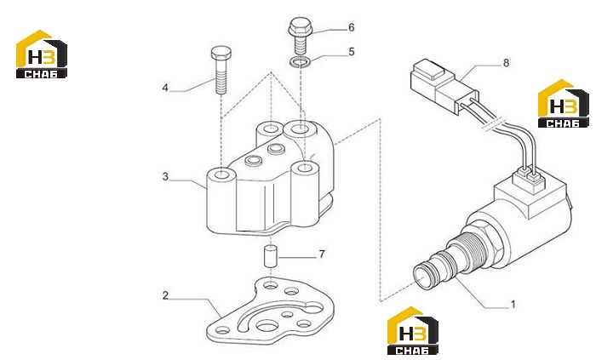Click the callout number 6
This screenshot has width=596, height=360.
click(x=351, y=27)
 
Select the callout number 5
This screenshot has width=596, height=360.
click(x=351, y=51)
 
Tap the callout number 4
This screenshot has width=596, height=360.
click(x=165, y=88)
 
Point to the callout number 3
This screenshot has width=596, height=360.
click(x=165, y=176)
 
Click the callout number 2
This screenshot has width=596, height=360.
click(x=165, y=295)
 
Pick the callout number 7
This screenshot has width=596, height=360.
click(x=322, y=254)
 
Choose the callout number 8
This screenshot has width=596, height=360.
click(x=506, y=63)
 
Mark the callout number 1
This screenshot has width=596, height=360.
click(x=513, y=304)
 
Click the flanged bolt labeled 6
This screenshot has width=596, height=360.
click(x=301, y=37)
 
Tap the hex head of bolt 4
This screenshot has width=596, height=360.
click(x=221, y=53)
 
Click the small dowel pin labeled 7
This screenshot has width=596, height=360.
click(x=271, y=257)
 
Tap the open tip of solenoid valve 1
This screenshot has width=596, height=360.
click(x=422, y=276)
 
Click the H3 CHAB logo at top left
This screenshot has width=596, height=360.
click(x=42, y=54)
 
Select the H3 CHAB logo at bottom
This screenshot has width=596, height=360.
click(x=413, y=331)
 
